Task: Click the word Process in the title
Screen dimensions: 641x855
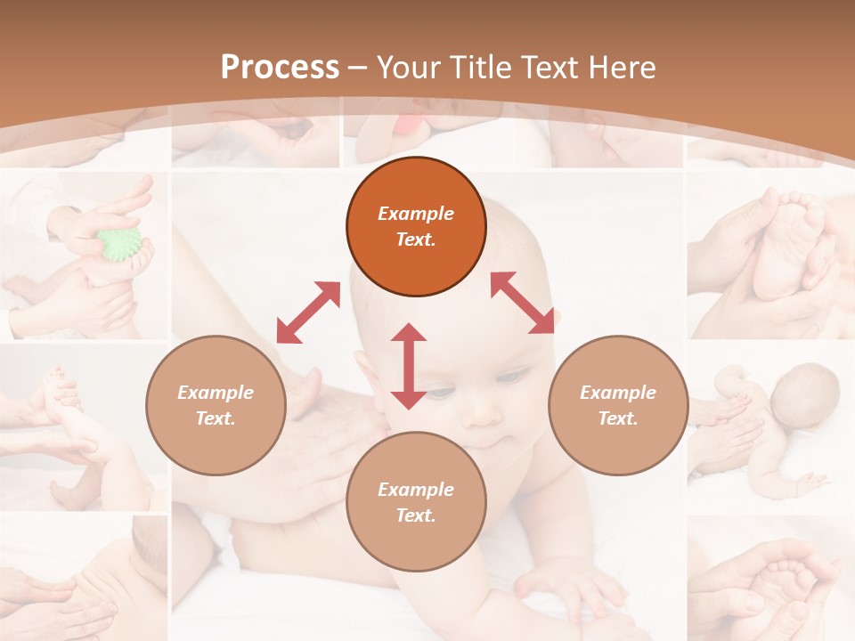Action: pos(280,67)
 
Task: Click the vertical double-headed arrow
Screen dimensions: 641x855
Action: pos(409,366)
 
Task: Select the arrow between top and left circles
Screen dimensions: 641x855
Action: pos(308,312)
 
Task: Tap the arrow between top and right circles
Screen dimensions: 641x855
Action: pos(522,303)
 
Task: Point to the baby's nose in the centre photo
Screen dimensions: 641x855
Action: pos(484,411)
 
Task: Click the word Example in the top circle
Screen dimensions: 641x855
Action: pos(416,214)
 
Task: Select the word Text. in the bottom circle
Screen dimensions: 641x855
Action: pos(416,515)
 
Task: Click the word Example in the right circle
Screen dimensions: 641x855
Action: pos(618,393)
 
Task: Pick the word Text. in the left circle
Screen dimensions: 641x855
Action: pos(216,418)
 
